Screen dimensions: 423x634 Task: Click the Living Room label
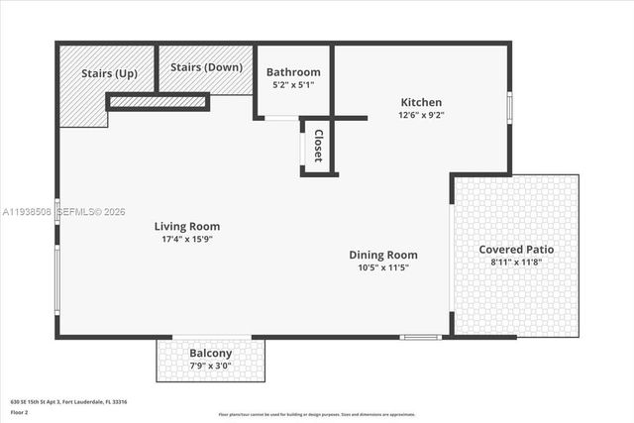click(187, 226)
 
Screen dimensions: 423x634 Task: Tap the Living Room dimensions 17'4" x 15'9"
click(187, 239)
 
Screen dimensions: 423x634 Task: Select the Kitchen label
click(421, 102)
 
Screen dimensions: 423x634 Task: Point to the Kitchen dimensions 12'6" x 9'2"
click(421, 115)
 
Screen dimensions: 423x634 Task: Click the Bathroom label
click(293, 72)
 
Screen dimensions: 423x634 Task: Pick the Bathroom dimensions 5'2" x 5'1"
click(293, 85)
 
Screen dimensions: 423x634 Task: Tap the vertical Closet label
click(318, 146)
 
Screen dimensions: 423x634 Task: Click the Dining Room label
click(387, 255)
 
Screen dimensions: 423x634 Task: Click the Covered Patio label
click(516, 249)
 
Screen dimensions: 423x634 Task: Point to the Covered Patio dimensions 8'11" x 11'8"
click(516, 263)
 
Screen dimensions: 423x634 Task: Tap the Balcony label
click(210, 354)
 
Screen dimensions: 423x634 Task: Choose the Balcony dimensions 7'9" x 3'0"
click(210, 366)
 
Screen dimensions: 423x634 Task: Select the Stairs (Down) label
click(206, 67)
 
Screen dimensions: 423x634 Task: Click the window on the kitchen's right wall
click(509, 107)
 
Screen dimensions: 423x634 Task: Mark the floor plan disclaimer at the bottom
click(317, 414)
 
